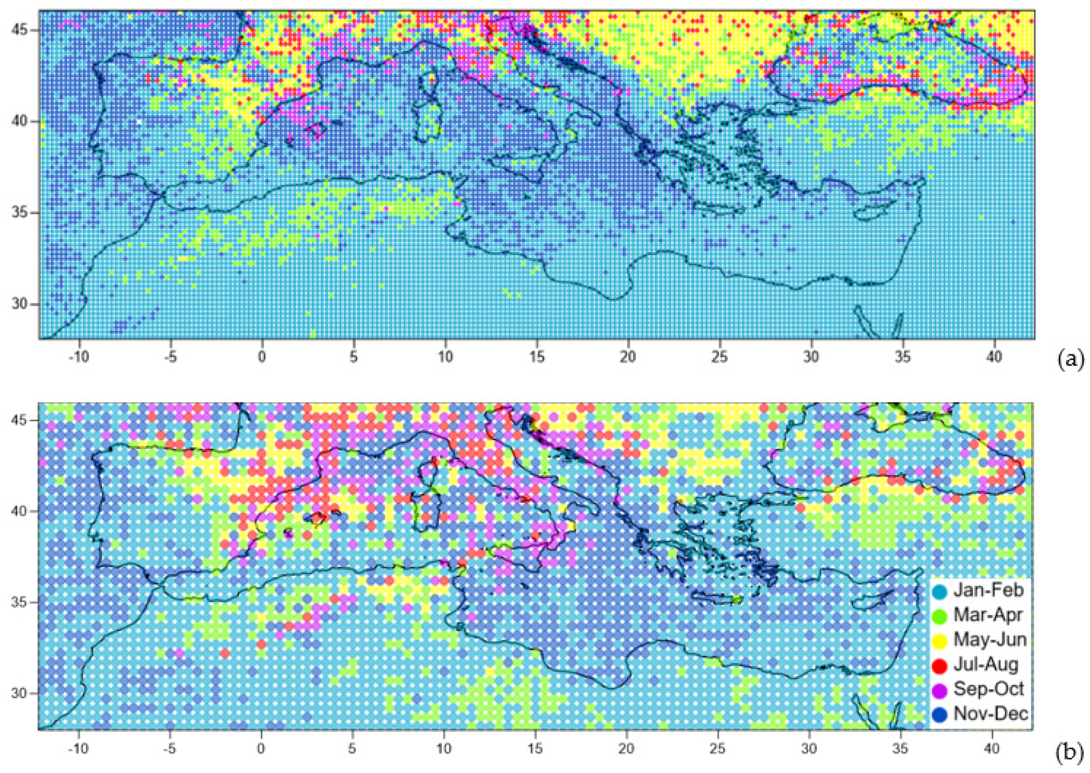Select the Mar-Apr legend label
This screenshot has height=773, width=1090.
pyautogui.click(x=987, y=615)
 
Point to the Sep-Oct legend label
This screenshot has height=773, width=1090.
pyautogui.click(x=989, y=689)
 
